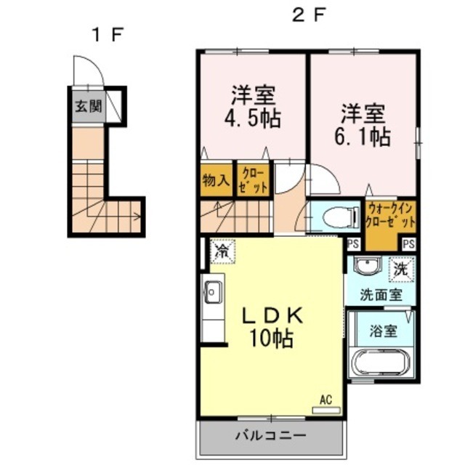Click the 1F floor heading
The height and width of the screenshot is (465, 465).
click(x=108, y=35)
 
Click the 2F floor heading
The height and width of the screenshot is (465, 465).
click(x=309, y=15)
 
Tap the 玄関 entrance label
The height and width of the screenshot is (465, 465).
click(x=89, y=106)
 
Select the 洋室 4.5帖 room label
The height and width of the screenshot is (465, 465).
click(x=253, y=107)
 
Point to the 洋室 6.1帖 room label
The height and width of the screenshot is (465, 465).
click(x=363, y=125)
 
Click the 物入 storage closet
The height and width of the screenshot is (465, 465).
click(x=217, y=179)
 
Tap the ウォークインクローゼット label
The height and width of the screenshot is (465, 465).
click(x=390, y=215)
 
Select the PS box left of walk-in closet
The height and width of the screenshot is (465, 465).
click(x=353, y=244)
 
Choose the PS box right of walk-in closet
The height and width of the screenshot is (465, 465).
click(x=408, y=244)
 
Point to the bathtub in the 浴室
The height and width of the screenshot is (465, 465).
click(x=381, y=363)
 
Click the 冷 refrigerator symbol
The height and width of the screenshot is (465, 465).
click(x=222, y=251)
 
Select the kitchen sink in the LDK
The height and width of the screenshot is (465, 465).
click(x=214, y=292)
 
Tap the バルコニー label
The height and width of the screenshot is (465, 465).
click(x=270, y=436)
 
